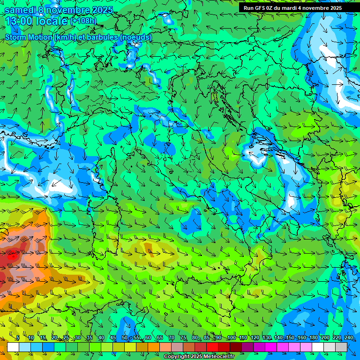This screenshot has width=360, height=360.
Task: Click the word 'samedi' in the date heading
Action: (x=19, y=10)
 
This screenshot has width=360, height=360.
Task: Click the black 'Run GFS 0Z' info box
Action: (x=299, y=8)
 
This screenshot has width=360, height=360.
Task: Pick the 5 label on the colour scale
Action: (x=18, y=338)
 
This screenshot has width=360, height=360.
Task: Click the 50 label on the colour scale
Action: (x=125, y=338)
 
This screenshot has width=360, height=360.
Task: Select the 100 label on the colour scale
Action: (x=231, y=338)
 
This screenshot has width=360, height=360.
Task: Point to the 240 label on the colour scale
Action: (x=349, y=338)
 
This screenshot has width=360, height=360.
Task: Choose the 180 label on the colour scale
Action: (x=314, y=338)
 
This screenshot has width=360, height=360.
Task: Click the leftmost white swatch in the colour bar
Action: (x=13, y=347)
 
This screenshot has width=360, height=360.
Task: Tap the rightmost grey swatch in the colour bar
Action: (x=341, y=347)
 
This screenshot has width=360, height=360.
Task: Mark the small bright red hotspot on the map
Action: (x=13, y=256)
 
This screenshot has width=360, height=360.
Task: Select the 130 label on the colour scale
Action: (x=266, y=338)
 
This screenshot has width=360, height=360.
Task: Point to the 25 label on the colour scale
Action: (x=66, y=338)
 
